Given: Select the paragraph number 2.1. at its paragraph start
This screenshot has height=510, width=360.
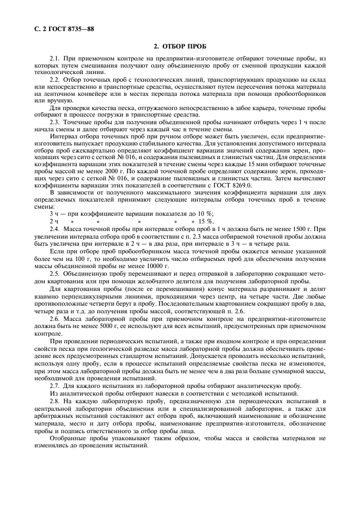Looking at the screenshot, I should [55, 58].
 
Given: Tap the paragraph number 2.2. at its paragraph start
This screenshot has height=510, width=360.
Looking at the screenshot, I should [55, 79].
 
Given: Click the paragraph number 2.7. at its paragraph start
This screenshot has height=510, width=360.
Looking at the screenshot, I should [55, 385].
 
